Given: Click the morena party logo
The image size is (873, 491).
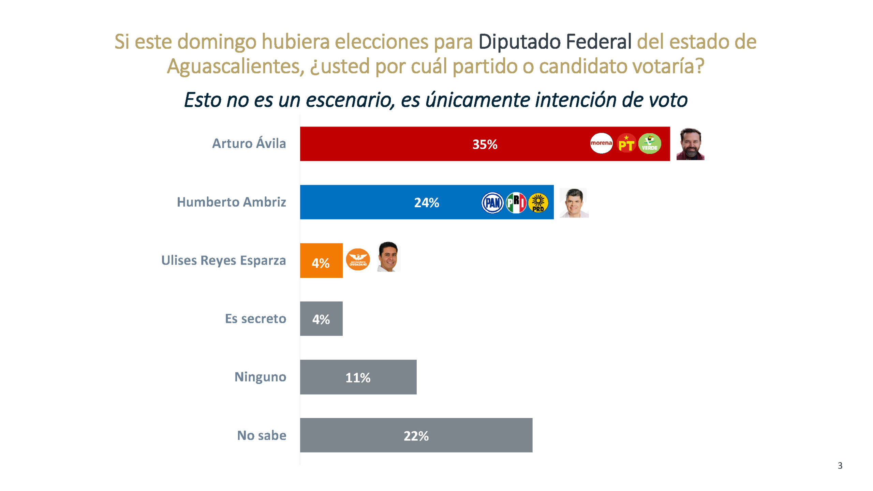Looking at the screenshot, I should (601, 143).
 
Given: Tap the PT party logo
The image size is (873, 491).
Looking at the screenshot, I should (626, 144).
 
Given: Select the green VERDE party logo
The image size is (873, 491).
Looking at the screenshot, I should (649, 144).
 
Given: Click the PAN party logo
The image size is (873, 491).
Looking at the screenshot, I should (492, 203).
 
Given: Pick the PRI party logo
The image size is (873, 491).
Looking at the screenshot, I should (516, 203).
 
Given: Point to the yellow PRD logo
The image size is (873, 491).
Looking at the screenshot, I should (538, 203).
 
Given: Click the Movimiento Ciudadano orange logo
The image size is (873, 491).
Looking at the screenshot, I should (358, 260).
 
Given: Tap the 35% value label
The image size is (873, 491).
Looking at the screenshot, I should (485, 144).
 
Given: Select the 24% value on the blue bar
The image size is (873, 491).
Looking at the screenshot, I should (426, 203).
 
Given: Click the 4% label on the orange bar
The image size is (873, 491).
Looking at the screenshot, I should (321, 263).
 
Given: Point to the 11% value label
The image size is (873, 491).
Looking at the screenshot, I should (358, 377).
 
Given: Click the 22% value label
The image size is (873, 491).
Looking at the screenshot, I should (416, 436).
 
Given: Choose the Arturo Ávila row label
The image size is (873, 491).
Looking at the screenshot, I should (249, 143).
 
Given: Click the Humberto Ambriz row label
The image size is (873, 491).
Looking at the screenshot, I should (231, 202).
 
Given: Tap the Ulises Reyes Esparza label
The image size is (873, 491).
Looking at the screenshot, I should (223, 260).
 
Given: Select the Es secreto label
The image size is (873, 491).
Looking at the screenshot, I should (255, 318).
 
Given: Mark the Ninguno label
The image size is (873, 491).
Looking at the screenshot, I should (260, 377).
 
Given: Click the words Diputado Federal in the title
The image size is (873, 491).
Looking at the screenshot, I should (555, 42).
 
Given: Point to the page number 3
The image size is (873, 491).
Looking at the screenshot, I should (840, 466).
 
